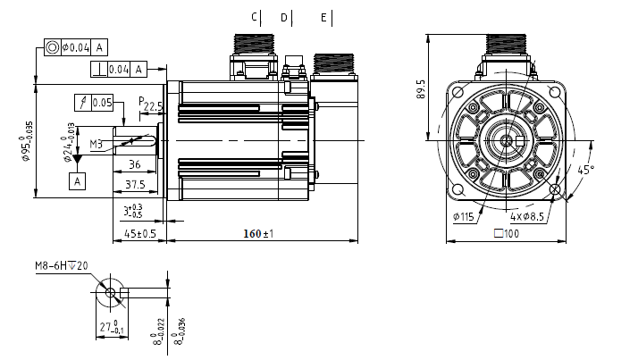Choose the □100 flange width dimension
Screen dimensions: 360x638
[507, 234]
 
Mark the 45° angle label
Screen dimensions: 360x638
[587, 168]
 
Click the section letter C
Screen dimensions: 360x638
[254, 17]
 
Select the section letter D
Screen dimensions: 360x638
[284, 17]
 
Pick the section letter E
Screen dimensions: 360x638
[323, 17]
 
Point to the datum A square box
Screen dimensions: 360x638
[78, 181]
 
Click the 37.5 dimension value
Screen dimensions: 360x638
[136, 184]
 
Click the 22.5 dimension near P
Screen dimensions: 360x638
[154, 107]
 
